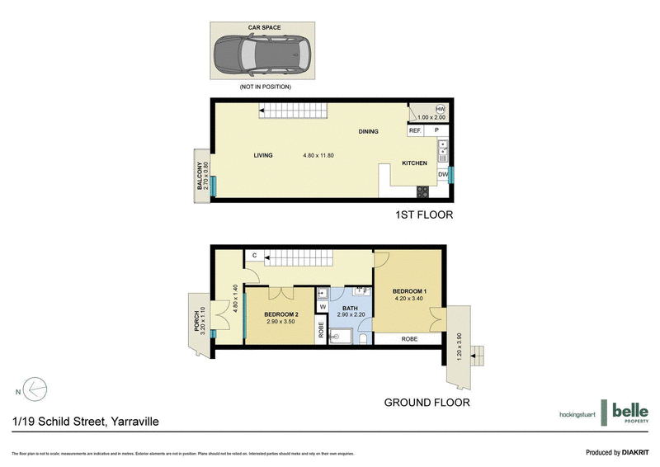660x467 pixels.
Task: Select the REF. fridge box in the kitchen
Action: coord(415,130)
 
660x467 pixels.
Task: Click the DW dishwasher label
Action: coord(443,174)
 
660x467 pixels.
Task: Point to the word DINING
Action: coord(368,132)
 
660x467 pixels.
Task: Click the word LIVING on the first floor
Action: coord(263,155)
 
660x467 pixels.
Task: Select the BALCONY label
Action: coord(200,175)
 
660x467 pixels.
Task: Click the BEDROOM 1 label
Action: coord(409,291)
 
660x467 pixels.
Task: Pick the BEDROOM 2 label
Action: coord(280,314)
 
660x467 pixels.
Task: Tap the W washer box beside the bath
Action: coord(323,308)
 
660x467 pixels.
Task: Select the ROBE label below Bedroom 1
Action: coord(409,339)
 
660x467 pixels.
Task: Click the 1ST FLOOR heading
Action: coord(423,215)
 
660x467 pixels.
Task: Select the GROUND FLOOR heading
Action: coord(427,403)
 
